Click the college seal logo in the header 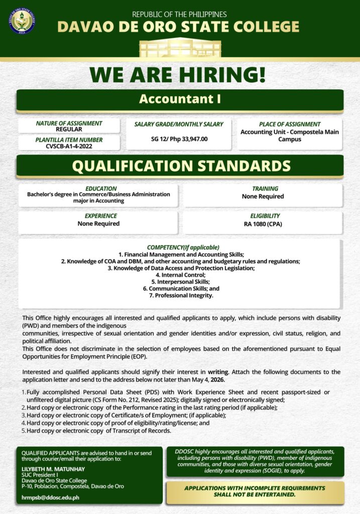[22, 21]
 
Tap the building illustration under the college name [180, 48]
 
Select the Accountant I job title [180, 99]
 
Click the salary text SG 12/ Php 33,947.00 [179, 139]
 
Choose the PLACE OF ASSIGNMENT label [290, 124]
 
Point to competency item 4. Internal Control [180, 275]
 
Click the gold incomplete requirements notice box [255, 491]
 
